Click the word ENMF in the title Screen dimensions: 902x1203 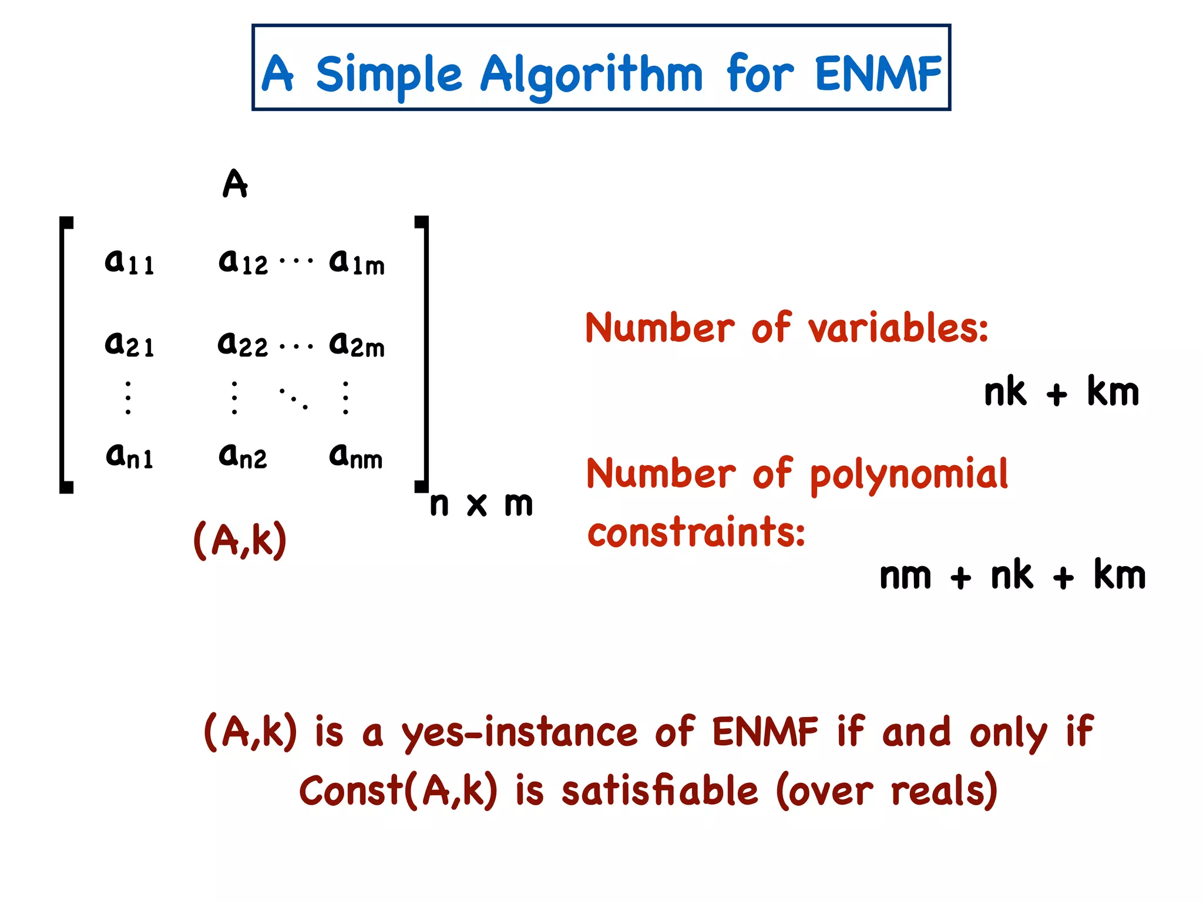878,74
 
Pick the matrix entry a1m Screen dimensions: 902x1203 357,262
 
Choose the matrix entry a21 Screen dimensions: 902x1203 129,344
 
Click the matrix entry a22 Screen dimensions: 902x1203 243,344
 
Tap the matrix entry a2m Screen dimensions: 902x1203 357,344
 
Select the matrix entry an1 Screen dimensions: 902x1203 129,455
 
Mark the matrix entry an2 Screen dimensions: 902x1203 243,455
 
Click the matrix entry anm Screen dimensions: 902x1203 356,456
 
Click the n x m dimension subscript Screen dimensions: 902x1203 481,504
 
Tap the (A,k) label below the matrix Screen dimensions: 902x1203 240,540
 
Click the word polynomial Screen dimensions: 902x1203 909,474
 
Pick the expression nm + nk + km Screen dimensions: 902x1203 1012,576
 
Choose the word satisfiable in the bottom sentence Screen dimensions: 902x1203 660,791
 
